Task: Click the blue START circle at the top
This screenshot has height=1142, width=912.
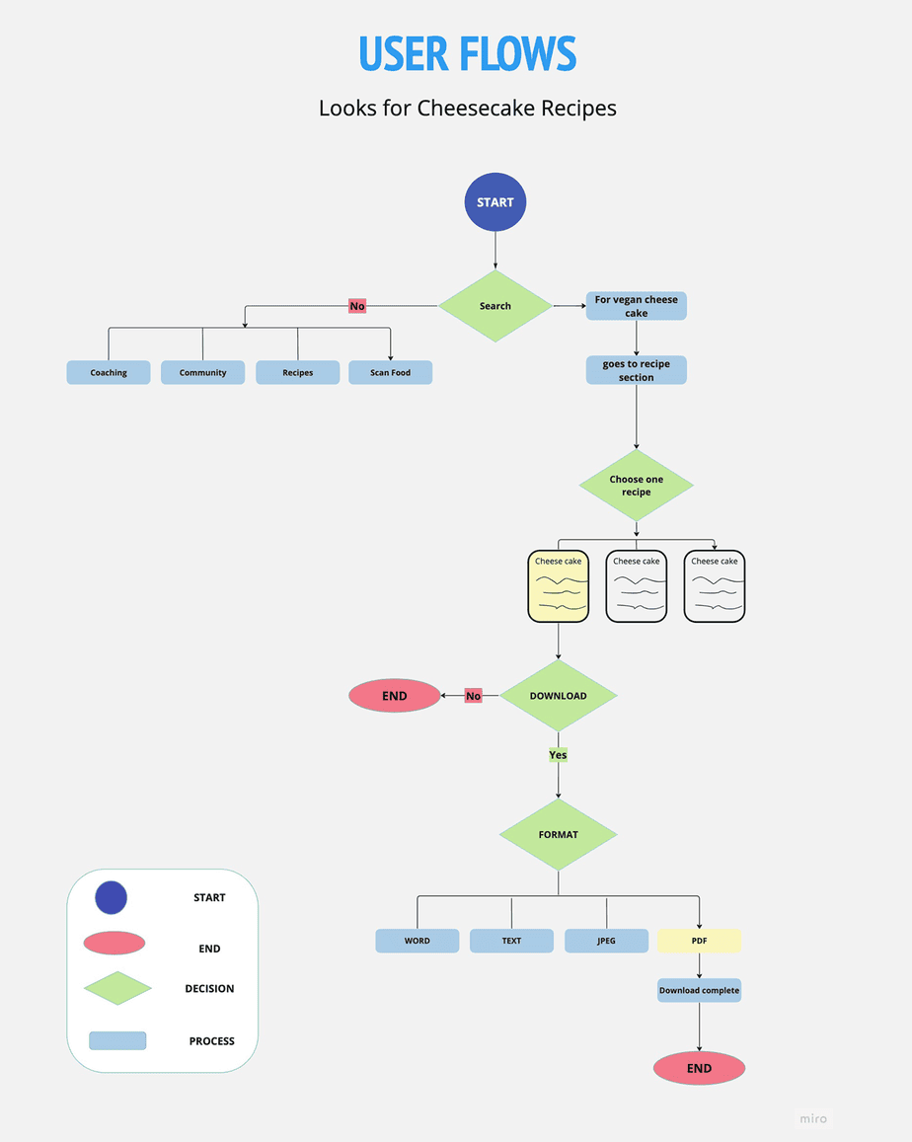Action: point(495,202)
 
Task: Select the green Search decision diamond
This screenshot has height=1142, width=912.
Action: point(495,306)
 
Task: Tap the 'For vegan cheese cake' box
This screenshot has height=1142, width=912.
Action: point(636,306)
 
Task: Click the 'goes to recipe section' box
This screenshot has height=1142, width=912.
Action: point(636,370)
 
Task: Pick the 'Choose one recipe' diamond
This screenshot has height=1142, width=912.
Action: point(636,486)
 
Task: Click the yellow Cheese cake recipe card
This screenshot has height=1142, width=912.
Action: point(559,586)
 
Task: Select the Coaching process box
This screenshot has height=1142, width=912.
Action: point(109,372)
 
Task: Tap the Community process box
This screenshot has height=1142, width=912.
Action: point(202,372)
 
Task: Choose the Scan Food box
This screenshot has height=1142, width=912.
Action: point(390,372)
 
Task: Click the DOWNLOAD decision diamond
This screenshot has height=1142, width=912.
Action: point(559,696)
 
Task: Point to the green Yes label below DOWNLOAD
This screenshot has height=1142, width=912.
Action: point(558,755)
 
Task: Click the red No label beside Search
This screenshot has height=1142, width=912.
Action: point(357,306)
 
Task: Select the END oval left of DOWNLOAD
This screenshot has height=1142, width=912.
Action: point(395,696)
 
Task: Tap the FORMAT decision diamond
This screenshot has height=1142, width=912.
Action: point(559,835)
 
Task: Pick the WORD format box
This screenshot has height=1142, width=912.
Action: point(417,941)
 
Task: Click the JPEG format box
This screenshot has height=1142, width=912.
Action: point(606,941)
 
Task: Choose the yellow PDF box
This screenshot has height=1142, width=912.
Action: point(699,941)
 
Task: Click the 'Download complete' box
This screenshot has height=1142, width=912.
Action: point(699,990)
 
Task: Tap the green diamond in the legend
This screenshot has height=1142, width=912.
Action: point(117,988)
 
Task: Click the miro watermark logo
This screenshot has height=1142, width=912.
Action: point(812,1118)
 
